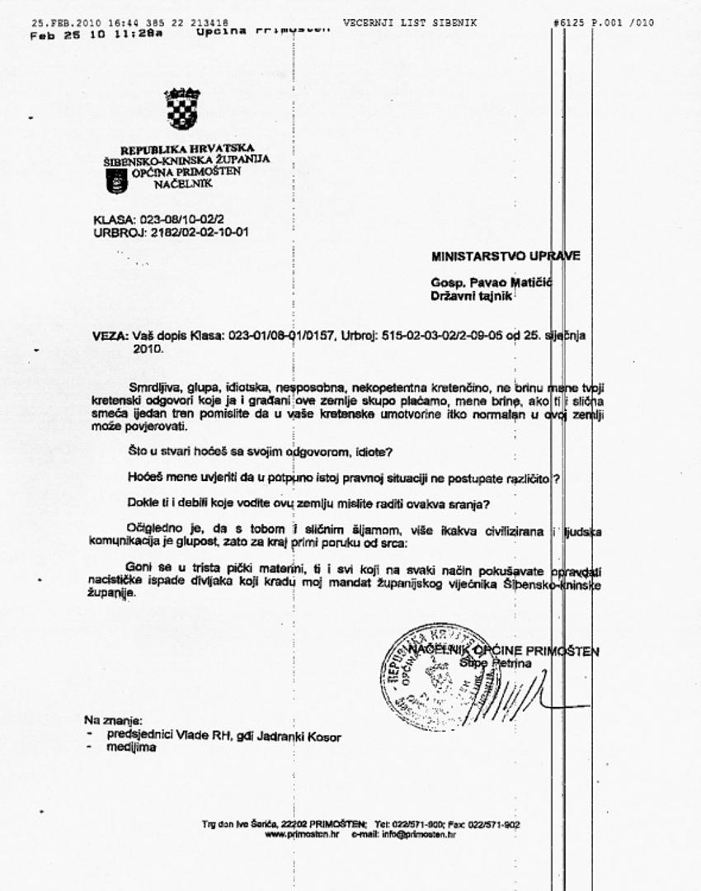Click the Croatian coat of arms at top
pos(181,110)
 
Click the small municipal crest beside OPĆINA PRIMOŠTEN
pos(117,180)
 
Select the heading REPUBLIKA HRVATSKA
pos(176,149)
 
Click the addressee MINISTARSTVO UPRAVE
pos(505,256)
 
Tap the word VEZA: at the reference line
pos(111,337)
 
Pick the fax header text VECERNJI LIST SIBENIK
pos(409,22)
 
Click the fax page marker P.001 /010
pos(625,22)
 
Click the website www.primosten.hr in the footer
pos(302,834)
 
